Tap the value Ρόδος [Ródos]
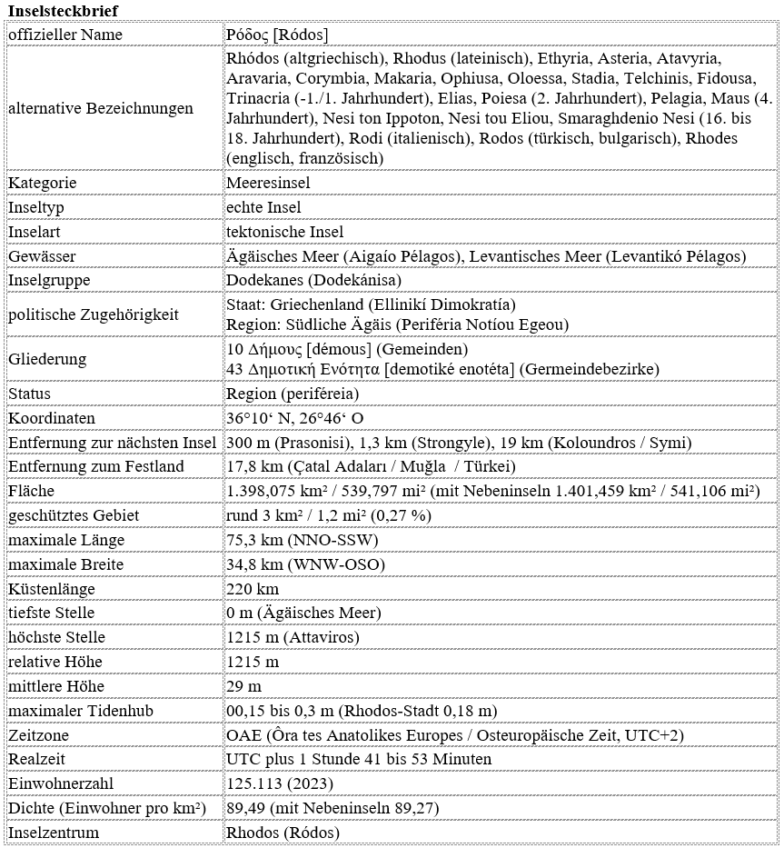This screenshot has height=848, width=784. (x=277, y=35)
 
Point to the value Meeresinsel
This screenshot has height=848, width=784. (x=268, y=183)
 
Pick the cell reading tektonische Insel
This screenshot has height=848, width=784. (x=284, y=232)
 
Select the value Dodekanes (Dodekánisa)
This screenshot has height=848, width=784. (x=313, y=281)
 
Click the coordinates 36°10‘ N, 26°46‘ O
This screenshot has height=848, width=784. (x=295, y=418)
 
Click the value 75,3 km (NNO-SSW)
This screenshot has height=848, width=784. (x=303, y=540)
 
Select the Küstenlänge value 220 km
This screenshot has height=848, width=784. (x=253, y=589)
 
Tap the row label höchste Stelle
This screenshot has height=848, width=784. (x=56, y=637)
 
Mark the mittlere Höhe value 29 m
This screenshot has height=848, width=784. (x=243, y=686)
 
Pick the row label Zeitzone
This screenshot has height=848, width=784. (x=39, y=734)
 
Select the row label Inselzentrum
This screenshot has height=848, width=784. (x=54, y=833)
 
